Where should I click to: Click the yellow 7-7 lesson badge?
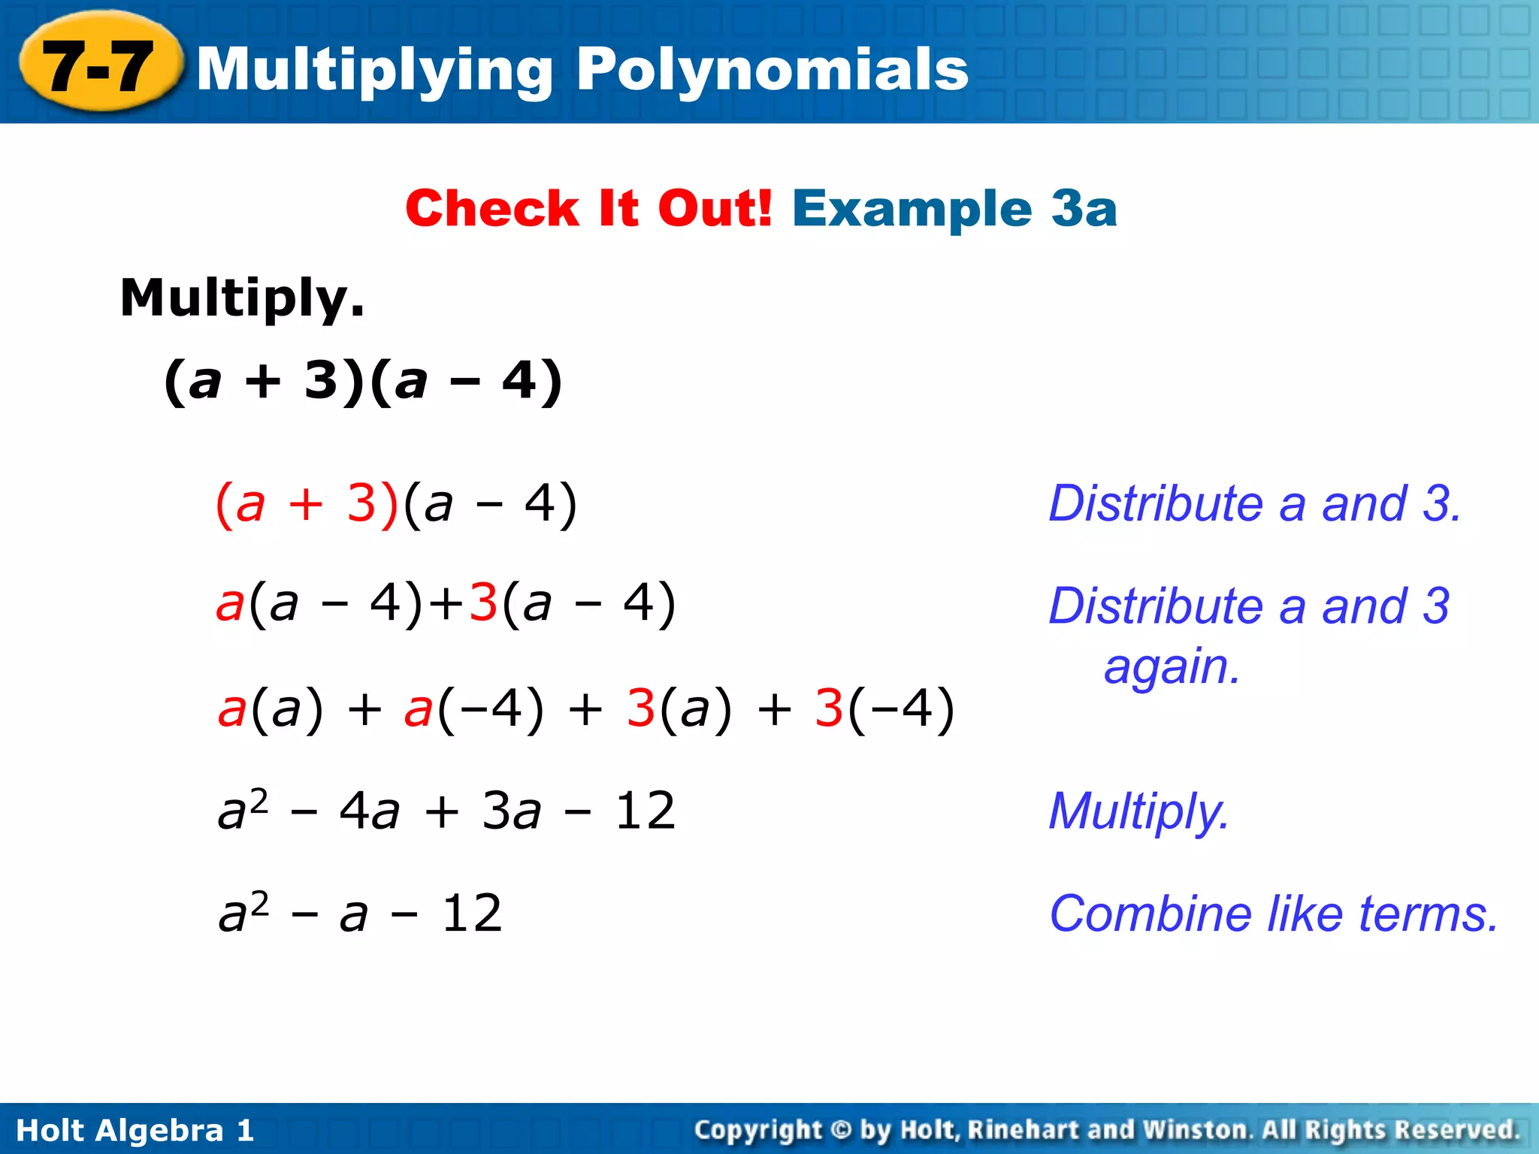point(99,65)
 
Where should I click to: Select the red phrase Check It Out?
point(588,208)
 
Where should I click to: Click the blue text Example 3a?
point(954,208)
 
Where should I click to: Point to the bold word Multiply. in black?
point(242,298)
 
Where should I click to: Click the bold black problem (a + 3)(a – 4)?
point(363,381)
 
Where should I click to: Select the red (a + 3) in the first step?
point(306,503)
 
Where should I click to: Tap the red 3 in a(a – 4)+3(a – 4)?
point(483,603)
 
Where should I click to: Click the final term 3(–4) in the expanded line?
point(884,708)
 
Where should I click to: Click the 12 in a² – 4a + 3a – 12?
point(645,811)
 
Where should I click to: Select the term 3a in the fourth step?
point(511,811)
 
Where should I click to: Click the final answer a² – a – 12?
point(360,914)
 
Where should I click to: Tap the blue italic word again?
point(1172,666)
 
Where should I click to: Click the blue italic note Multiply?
point(1138,811)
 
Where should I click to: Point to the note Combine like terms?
point(1274,914)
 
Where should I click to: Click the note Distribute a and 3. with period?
point(1255,503)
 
